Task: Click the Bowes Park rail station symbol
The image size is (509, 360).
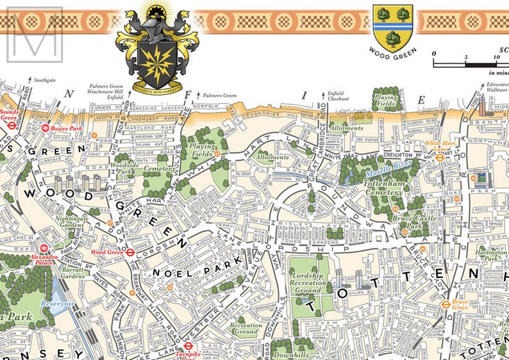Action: tap(45, 128)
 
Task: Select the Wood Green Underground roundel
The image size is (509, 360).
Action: tap(129, 252)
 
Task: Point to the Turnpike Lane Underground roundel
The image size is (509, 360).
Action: tap(187, 346)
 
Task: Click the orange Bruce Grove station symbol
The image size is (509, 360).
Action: tap(446, 304)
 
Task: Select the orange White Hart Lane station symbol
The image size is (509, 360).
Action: tap(440, 157)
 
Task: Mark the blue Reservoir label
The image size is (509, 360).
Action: tap(58, 303)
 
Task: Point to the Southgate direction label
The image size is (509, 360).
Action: tap(45, 81)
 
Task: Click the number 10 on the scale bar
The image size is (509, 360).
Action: tap(497, 56)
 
